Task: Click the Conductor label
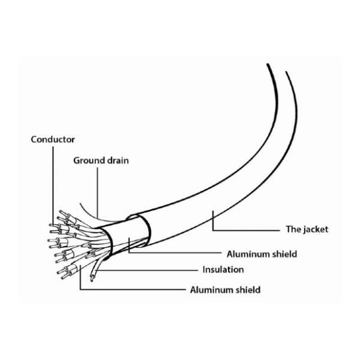click(53, 139)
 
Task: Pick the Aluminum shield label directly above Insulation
click(262, 254)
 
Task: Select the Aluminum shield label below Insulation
click(225, 290)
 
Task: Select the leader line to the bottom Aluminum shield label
click(132, 290)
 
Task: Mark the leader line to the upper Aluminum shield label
click(180, 253)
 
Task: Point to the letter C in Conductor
click(34, 139)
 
